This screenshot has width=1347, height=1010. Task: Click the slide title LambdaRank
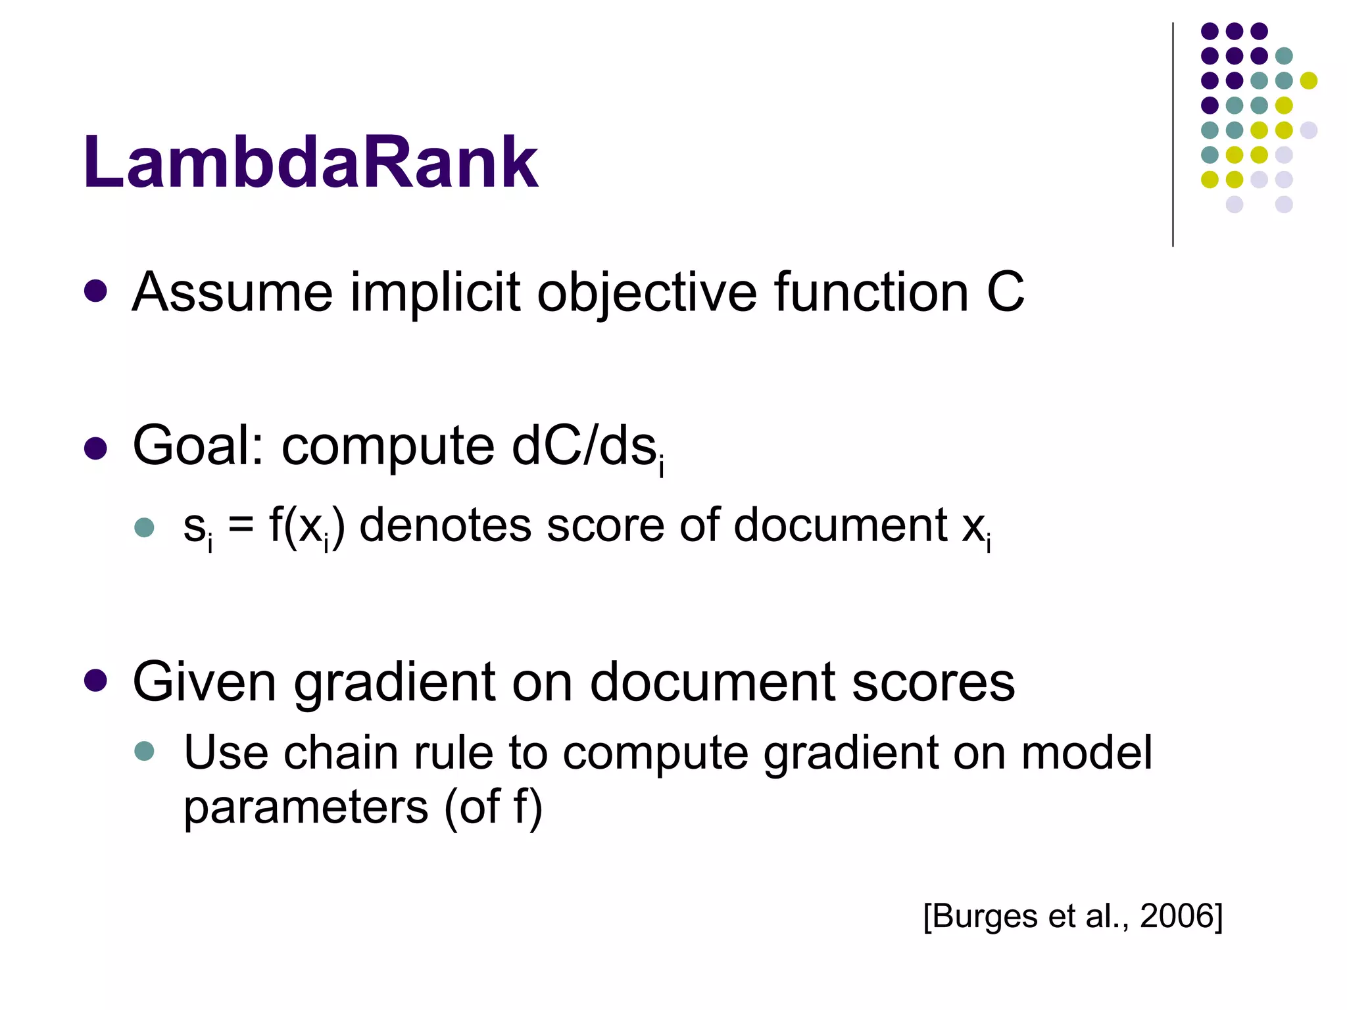[310, 162]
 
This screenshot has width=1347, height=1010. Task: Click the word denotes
[445, 526]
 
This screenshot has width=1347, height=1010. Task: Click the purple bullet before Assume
[96, 291]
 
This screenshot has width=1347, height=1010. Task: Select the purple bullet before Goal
[96, 448]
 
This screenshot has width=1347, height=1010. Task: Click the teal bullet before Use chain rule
[144, 751]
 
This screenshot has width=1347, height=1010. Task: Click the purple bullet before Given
[96, 681]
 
